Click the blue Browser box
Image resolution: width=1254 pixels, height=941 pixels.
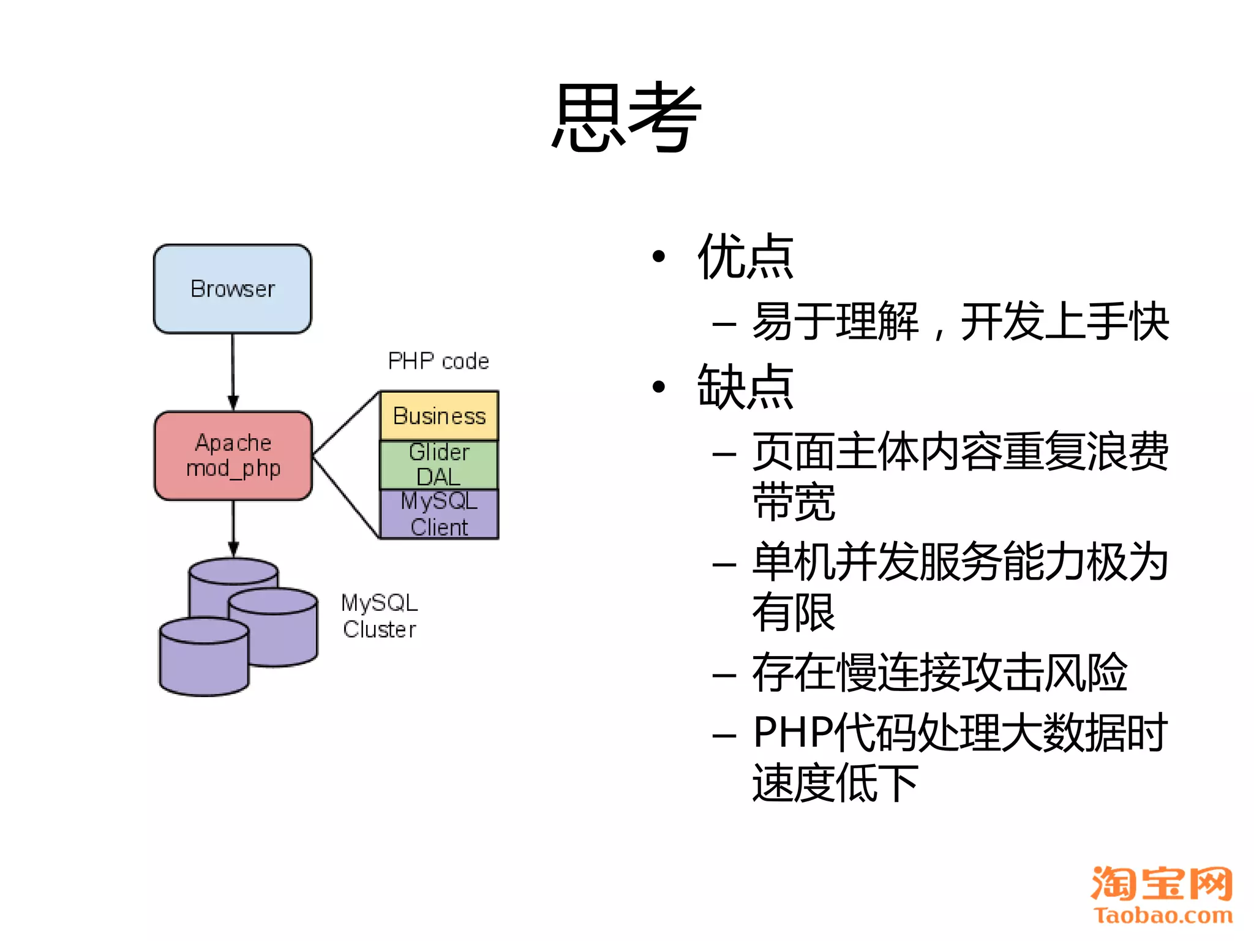coord(233,289)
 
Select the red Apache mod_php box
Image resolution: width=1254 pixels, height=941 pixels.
coord(233,455)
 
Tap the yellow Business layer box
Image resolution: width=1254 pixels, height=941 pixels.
coord(439,415)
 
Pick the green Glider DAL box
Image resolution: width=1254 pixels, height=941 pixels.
coord(439,464)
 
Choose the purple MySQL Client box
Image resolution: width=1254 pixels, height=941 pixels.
coord(439,514)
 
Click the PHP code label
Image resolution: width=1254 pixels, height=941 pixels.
coord(438,361)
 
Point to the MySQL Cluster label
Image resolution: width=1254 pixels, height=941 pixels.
coord(380,616)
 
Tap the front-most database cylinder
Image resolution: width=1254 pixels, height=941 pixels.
coord(203,662)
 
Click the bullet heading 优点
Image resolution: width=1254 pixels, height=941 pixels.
coord(745,257)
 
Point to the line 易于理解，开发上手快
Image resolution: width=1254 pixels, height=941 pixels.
coord(960,322)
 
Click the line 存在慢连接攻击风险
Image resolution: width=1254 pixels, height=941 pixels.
coord(939,672)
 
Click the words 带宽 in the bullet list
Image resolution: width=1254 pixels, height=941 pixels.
coord(794,502)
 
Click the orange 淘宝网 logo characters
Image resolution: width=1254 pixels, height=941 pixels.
coord(1162,883)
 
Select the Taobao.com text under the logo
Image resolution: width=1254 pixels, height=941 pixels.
coord(1163,915)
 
